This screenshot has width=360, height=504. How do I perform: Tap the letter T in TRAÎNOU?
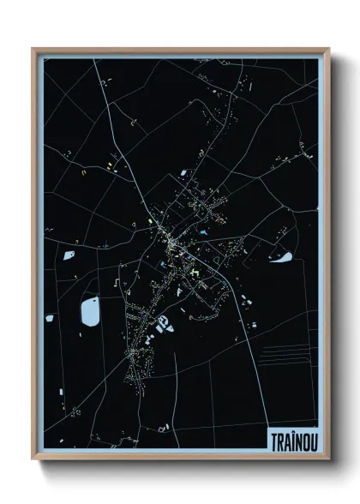pyautogui.click(x=272, y=438)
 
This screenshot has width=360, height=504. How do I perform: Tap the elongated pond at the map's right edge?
pyautogui.click(x=283, y=256)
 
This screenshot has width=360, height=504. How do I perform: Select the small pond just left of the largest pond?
pyautogui.click(x=51, y=319)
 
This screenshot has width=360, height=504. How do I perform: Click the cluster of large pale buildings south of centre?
pyautogui.click(x=163, y=322)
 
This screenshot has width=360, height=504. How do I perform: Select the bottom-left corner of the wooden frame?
pyautogui.click(x=33, y=464)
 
